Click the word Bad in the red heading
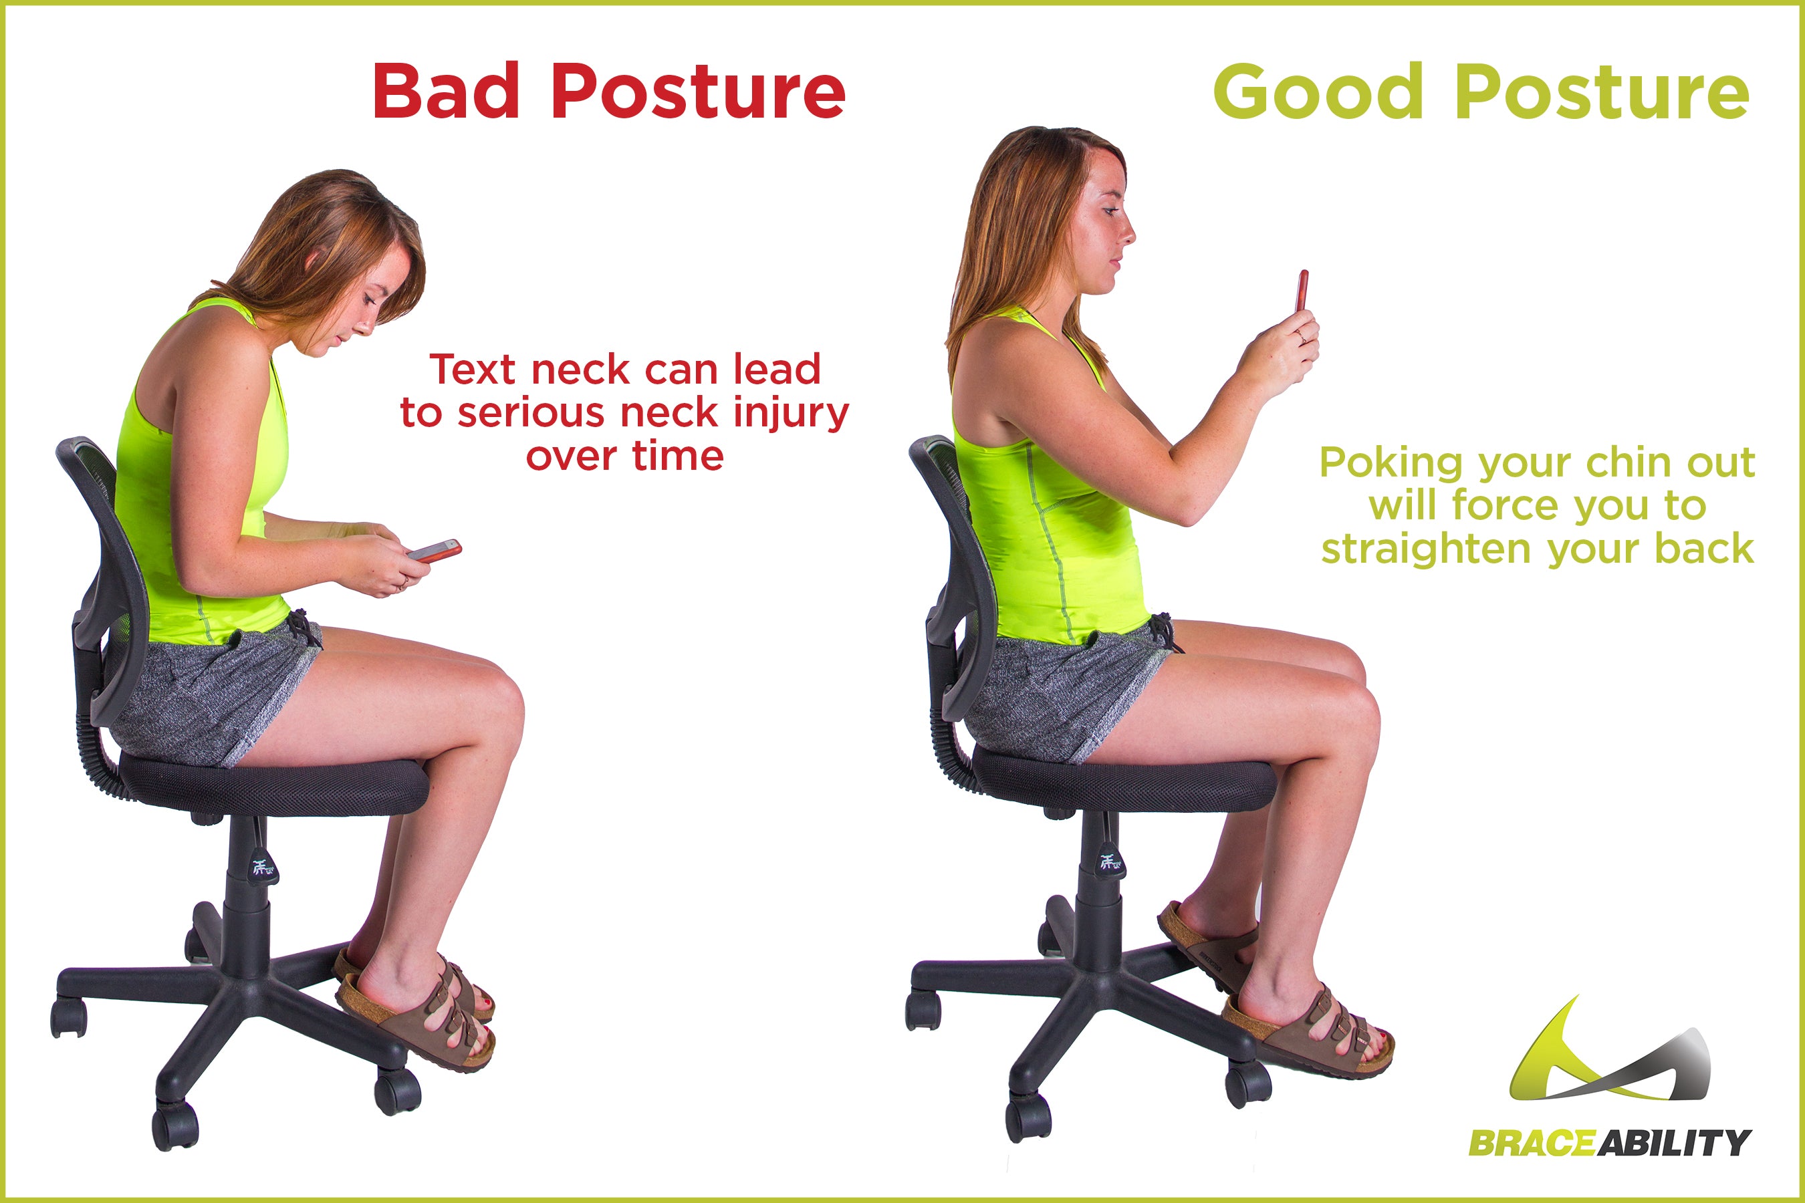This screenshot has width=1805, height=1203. coord(446,92)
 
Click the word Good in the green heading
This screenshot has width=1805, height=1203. coord(1317,92)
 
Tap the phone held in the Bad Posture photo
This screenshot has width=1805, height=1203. coord(435,551)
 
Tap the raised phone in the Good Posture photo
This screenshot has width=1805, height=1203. coord(1302,291)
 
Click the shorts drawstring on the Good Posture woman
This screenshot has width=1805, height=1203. coord(1163,630)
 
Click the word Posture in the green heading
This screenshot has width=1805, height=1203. coord(1602,92)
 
